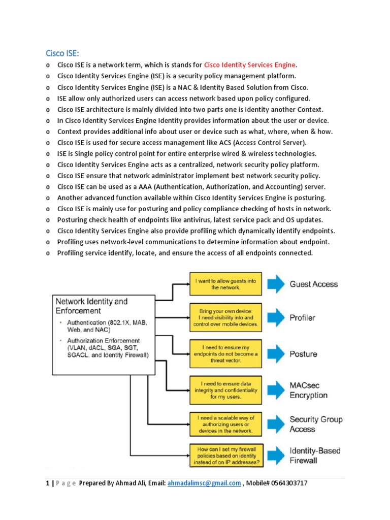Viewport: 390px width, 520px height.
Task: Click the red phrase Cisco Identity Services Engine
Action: [x=249, y=65]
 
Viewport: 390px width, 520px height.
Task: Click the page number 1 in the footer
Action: [x=47, y=483]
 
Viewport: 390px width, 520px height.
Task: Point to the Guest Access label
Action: [x=313, y=284]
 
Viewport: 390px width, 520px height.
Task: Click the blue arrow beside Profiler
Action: [x=277, y=318]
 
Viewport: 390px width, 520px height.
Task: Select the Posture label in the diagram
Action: [x=303, y=354]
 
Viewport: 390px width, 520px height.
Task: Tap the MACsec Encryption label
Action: [x=308, y=391]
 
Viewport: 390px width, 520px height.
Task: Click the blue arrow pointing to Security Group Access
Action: [x=277, y=424]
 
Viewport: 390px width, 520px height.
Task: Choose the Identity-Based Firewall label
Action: [x=315, y=456]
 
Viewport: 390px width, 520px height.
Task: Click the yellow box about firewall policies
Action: [x=225, y=456]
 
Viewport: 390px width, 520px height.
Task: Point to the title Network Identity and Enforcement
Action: [x=91, y=306]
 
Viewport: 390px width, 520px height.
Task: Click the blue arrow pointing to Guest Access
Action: [x=277, y=284]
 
